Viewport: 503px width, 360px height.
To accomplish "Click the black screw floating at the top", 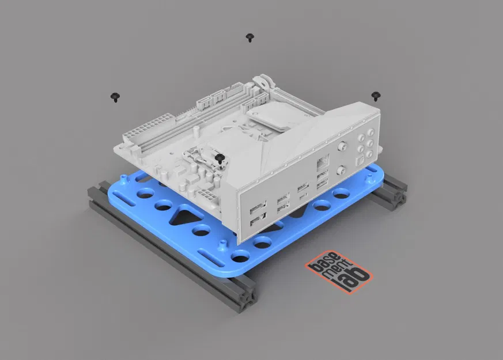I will click(x=249, y=37).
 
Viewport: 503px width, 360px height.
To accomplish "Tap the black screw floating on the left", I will click(x=115, y=96).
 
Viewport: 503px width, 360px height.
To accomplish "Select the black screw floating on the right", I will click(x=376, y=96).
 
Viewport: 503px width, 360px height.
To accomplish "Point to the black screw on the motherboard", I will click(x=218, y=157).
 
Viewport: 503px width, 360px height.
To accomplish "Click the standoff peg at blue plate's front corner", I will click(x=222, y=244).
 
